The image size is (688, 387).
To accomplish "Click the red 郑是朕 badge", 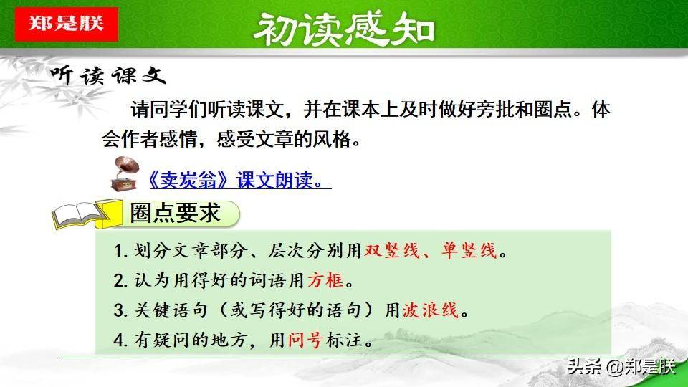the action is (x=66, y=24).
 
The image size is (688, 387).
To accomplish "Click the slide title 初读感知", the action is (x=344, y=29).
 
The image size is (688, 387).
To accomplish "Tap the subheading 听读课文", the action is (x=108, y=75).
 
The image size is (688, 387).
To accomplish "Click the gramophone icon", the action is (x=125, y=173).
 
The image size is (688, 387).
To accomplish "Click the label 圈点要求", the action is (x=175, y=214).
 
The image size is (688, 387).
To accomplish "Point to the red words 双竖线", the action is (x=392, y=251).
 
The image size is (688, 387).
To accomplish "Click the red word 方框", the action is (x=325, y=280).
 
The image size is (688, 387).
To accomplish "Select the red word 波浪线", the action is (x=431, y=310).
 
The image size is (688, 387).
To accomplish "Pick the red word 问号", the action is (x=306, y=340).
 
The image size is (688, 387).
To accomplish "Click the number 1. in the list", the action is (x=120, y=251).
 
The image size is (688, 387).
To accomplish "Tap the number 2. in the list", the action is (x=120, y=281).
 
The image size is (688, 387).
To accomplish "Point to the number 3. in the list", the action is (x=120, y=310).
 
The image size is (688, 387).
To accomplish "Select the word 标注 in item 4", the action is (x=344, y=340).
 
